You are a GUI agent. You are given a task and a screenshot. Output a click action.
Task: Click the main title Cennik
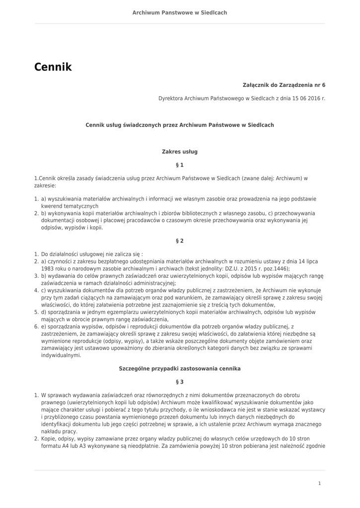(53, 67)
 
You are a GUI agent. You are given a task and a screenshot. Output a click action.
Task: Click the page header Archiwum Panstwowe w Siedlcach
(180, 12)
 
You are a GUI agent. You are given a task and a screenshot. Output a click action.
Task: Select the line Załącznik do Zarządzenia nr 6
(284, 85)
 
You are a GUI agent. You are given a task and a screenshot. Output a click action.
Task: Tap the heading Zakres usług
(180, 151)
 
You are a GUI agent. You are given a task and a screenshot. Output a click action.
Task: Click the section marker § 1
(180, 164)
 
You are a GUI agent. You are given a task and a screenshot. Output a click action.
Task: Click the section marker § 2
(180, 241)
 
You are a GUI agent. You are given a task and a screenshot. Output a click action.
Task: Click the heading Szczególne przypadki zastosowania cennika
(180, 369)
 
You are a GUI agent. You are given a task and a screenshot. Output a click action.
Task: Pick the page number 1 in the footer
(320, 483)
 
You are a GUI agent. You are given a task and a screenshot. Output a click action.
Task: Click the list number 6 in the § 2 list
(36, 327)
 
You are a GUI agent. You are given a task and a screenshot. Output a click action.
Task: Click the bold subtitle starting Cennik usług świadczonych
(180, 125)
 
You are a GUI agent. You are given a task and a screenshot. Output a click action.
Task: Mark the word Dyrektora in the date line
(170, 99)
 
